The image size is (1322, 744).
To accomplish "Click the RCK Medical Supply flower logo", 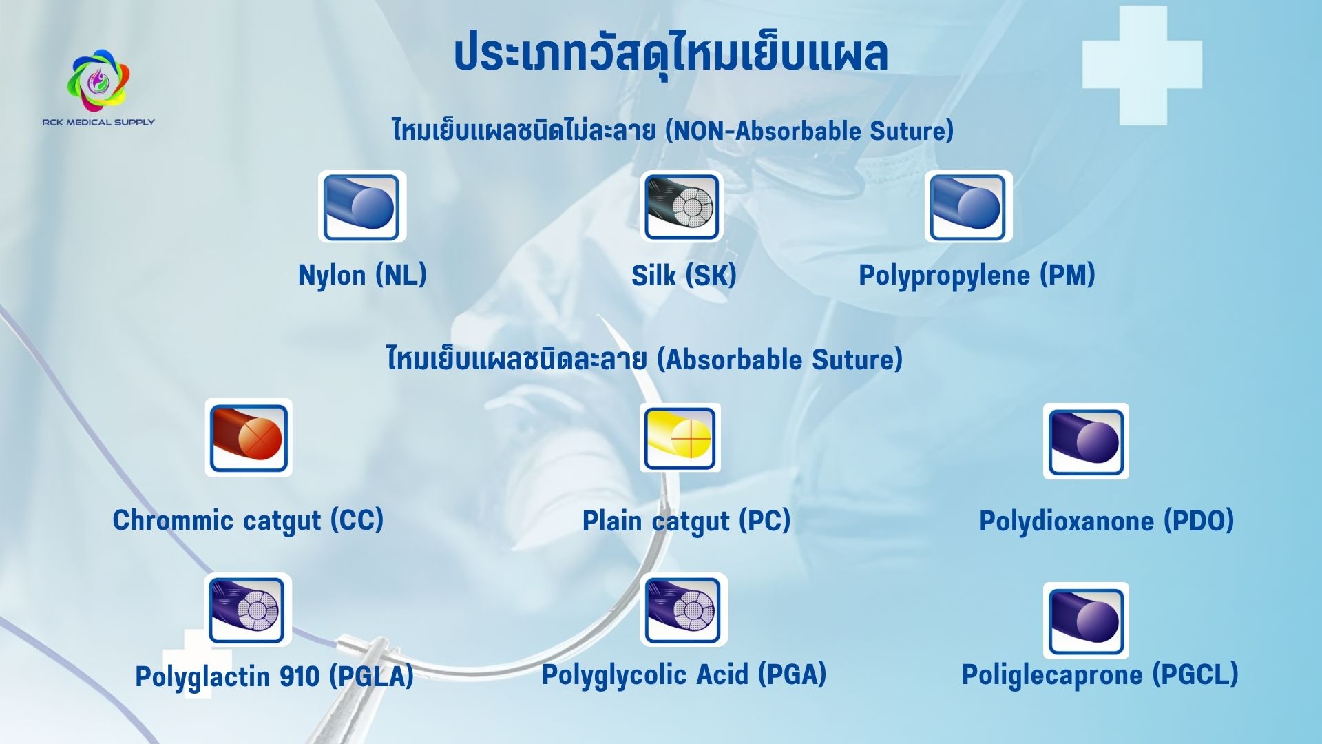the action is coord(98,80).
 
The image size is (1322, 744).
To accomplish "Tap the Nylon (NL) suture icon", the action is coord(362,207).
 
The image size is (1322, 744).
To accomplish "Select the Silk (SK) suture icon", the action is coord(681,207).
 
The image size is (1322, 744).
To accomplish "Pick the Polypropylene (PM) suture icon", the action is coord(968,207).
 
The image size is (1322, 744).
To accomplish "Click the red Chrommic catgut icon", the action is coord(249,437).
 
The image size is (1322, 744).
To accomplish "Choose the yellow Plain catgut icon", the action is coord(680,437).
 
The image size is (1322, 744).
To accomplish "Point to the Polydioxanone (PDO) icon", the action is coord(1086,441).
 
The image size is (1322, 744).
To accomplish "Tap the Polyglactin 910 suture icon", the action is coord(247,610).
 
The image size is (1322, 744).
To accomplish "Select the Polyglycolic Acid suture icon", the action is coord(684,610).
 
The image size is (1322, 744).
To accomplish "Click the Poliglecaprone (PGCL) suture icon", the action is coord(1086,621).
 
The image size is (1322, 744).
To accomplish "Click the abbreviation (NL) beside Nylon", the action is coord(401,275).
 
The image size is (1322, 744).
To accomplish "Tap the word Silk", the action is coord(653,276).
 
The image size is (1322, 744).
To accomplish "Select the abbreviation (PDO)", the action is coord(1199,521).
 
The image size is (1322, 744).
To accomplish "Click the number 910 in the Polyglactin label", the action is coord(299,676).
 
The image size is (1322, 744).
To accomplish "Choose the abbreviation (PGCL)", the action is coord(1196,674).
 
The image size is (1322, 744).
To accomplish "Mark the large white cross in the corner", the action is coord(1142,65).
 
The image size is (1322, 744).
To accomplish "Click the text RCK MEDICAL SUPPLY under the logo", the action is coord(98,122).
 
